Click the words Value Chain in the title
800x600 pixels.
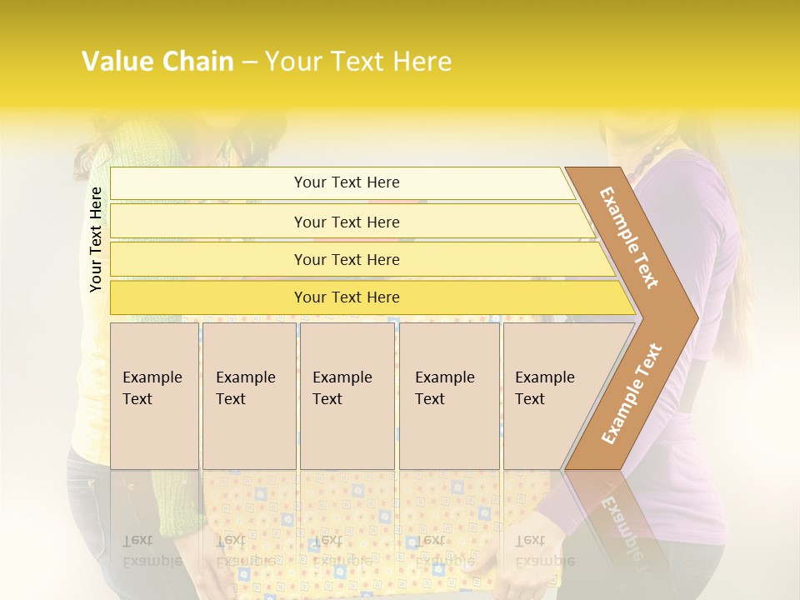point(157,61)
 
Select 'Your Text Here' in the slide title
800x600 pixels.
point(358,61)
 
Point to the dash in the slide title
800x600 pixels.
point(248,62)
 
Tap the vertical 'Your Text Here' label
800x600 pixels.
point(96,239)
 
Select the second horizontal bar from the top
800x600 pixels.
point(347,222)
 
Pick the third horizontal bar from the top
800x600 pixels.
point(347,259)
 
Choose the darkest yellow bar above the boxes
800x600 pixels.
point(347,297)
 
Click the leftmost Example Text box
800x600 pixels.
point(154,396)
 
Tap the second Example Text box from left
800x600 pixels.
point(248,396)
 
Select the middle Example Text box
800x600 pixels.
point(347,396)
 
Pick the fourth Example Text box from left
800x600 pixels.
point(448,396)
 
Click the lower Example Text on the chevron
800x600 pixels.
point(632,393)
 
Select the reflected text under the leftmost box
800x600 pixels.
point(152,551)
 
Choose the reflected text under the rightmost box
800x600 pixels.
point(544,551)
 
